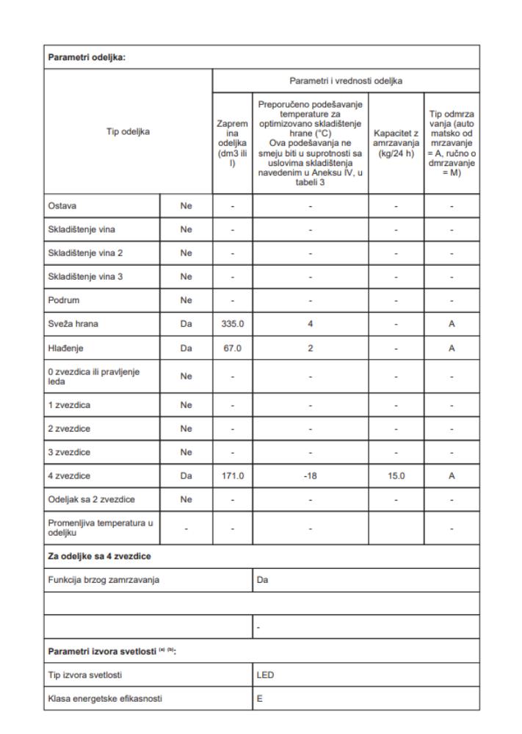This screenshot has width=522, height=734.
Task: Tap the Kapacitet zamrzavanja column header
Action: (396, 139)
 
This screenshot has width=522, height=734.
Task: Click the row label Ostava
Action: (61, 207)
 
